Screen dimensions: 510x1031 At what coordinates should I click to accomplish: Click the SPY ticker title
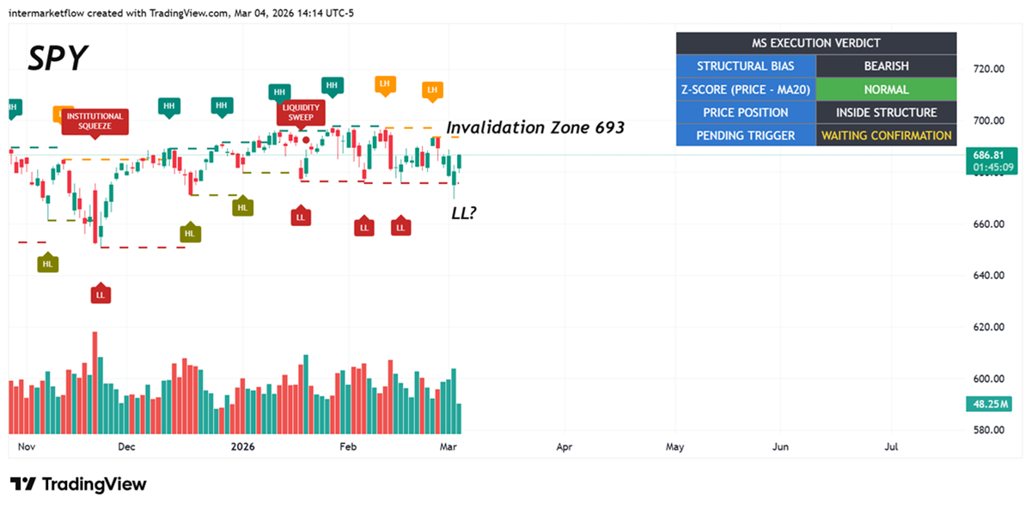click(58, 58)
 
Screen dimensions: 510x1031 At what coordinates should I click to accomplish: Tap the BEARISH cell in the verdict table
click(886, 66)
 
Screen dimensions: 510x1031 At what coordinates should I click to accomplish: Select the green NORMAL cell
click(886, 89)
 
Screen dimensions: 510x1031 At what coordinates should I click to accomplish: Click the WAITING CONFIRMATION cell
click(886, 136)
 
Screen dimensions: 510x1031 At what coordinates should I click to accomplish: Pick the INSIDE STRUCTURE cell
click(886, 113)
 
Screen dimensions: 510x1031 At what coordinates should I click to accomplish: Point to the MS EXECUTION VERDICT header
click(815, 43)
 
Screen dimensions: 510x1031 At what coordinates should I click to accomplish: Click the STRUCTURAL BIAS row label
click(745, 66)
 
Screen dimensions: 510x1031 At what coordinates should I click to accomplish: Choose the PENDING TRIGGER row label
click(745, 136)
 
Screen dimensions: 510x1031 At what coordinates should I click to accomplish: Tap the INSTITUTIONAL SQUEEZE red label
click(95, 120)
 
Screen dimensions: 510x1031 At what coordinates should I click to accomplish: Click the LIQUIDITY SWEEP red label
click(301, 113)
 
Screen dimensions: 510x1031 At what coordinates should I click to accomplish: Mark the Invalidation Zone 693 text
click(535, 128)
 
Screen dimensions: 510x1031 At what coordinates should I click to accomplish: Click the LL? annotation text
click(464, 212)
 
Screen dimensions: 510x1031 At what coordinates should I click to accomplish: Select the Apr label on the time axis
click(564, 447)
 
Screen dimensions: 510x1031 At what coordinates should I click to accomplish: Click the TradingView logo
click(78, 484)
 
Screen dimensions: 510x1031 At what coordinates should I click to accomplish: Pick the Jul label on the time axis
click(892, 447)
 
